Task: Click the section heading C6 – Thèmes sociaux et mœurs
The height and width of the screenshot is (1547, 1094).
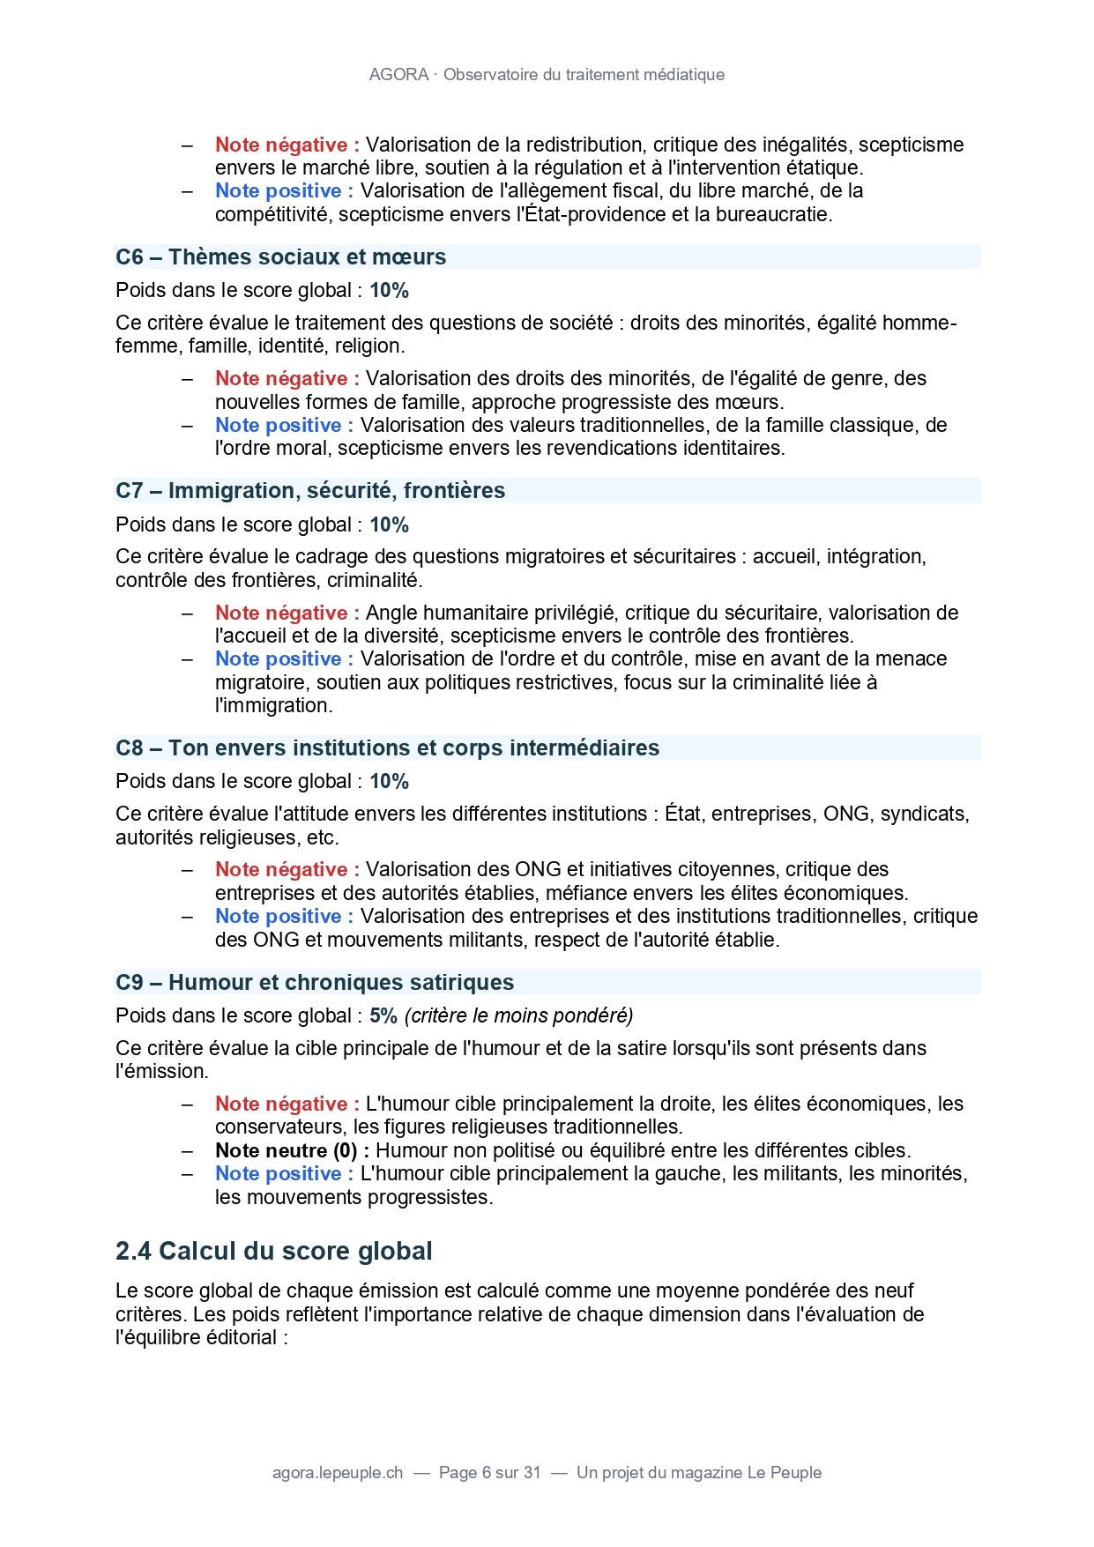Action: (x=280, y=257)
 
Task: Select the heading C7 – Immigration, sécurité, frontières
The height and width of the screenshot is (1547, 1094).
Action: (x=310, y=490)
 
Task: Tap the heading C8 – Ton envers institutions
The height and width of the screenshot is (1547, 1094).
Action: (x=387, y=747)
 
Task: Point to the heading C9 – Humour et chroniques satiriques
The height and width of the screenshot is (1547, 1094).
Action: (x=314, y=982)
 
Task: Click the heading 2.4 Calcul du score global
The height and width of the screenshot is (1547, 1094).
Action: (x=273, y=1251)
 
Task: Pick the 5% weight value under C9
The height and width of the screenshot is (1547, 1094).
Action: (x=383, y=1015)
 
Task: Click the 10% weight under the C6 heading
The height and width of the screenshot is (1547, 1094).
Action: (x=389, y=290)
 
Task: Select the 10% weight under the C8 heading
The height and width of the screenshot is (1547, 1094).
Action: (x=389, y=781)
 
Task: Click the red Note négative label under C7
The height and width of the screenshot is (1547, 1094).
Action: (x=287, y=613)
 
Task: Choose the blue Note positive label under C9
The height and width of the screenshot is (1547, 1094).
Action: (x=284, y=1173)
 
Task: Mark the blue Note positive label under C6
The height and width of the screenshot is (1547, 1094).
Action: (x=284, y=425)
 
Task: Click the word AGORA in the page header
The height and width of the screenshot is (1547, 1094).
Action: (x=398, y=75)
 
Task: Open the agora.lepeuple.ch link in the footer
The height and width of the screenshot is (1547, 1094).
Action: (x=338, y=1472)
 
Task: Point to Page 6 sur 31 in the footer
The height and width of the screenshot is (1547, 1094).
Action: (x=489, y=1472)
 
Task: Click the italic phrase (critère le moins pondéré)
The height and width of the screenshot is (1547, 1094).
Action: (x=518, y=1015)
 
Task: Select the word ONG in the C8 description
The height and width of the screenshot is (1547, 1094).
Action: (x=845, y=814)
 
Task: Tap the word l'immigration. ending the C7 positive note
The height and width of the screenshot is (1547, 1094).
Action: (x=273, y=705)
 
